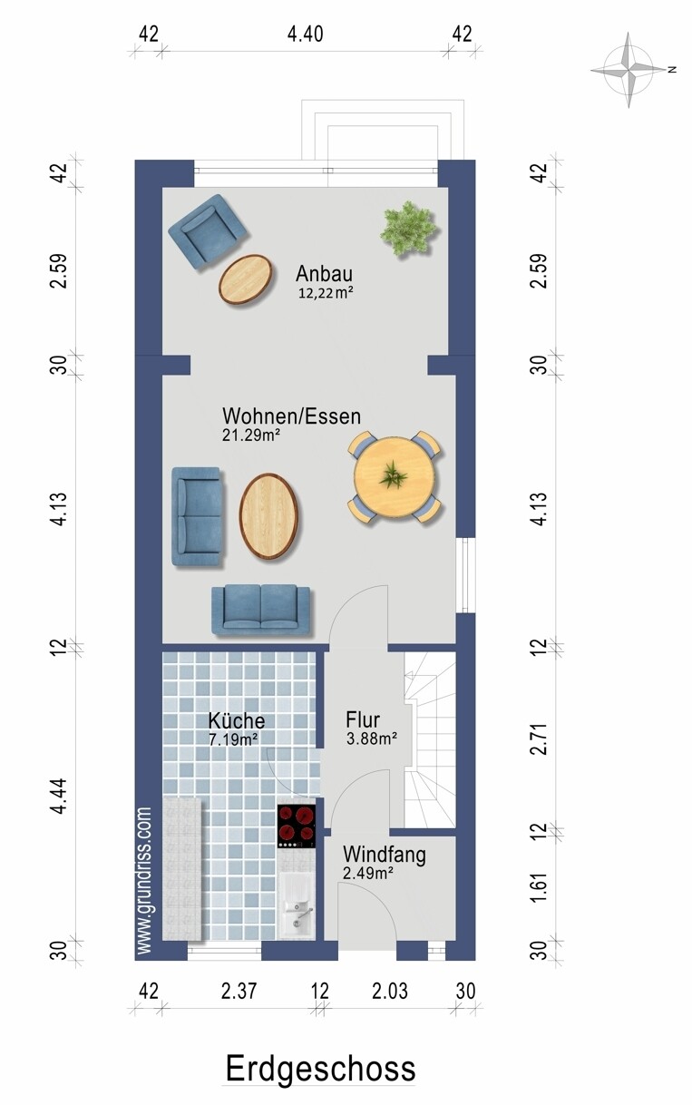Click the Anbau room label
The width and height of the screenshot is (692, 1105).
pyautogui.click(x=324, y=273)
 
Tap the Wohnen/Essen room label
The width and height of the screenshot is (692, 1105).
pyautogui.click(x=291, y=416)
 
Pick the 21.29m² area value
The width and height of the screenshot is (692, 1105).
pyautogui.click(x=251, y=435)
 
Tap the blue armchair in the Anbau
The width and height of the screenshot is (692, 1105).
pyautogui.click(x=207, y=232)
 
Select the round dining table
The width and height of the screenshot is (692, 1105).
pyautogui.click(x=395, y=476)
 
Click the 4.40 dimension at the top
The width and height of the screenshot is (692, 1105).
pyautogui.click(x=306, y=34)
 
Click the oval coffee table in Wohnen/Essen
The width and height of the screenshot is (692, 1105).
pyautogui.click(x=268, y=516)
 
